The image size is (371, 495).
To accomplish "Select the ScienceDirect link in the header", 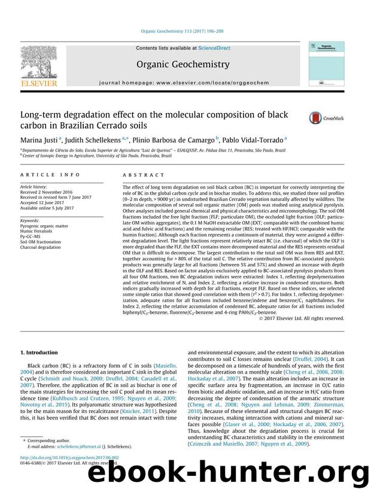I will point(203,47).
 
